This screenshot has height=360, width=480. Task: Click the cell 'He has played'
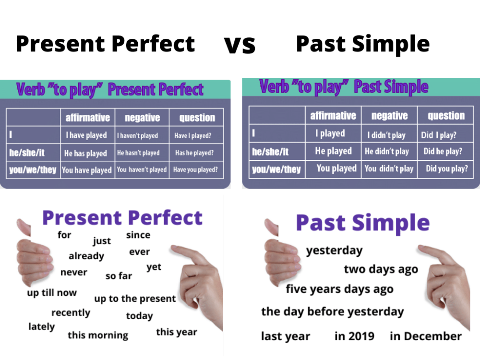coord(86,153)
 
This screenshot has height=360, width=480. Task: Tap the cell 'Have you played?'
coord(195,169)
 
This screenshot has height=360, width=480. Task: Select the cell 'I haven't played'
coord(137,136)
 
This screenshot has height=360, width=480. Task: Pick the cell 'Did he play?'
coord(443,151)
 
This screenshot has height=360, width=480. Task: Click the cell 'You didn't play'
coord(389,168)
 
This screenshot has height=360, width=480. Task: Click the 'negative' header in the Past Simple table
coord(389,116)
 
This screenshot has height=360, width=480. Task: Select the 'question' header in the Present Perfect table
coord(197,118)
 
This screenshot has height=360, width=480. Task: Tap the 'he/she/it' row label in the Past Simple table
coord(270,152)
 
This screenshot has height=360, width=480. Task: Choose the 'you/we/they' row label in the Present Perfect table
coord(33,170)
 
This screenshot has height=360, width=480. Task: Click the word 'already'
coord(86,256)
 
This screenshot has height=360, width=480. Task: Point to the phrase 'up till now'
coord(52,292)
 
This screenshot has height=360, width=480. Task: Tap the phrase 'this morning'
coord(98,335)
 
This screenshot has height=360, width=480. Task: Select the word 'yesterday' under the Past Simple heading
coord(335,250)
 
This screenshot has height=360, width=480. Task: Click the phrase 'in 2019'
coord(354,336)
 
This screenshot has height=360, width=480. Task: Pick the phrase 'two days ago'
coord(381,269)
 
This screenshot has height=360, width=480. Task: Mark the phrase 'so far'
coord(119,276)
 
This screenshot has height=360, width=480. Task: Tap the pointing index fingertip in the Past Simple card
coord(421,249)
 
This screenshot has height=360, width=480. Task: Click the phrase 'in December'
coord(426,336)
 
